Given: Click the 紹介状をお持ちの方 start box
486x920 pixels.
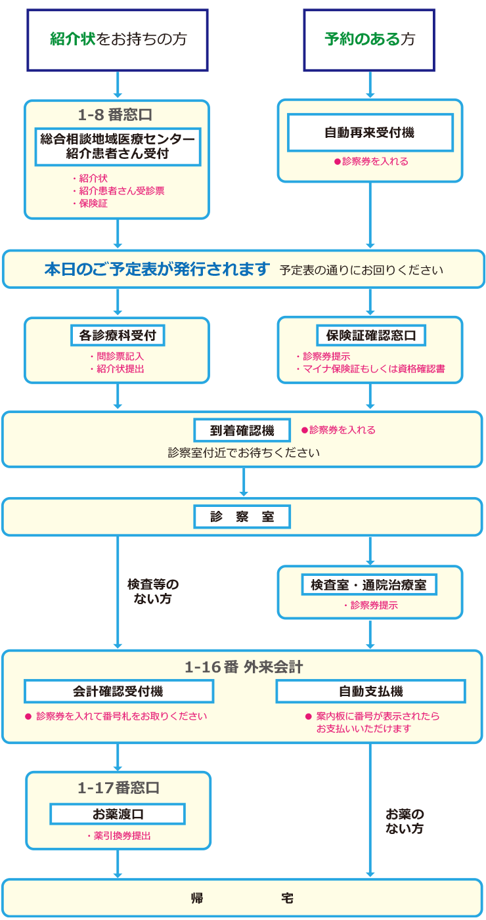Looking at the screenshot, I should click(118, 39).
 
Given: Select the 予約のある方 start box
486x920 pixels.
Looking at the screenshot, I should click(370, 39).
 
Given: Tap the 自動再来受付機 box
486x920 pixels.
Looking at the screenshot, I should click(370, 133).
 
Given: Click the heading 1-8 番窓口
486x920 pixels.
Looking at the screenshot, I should click(116, 115).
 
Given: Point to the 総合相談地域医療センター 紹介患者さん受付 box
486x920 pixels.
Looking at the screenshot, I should click(118, 146).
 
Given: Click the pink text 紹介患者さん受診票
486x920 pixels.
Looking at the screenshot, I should click(121, 190).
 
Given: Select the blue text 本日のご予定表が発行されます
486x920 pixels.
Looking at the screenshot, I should click(158, 269).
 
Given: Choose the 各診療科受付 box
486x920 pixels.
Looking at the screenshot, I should click(118, 336).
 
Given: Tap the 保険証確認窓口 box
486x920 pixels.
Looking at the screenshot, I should click(371, 336).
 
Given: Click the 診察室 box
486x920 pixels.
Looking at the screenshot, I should click(242, 517).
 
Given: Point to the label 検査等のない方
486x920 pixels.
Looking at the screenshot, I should click(153, 591).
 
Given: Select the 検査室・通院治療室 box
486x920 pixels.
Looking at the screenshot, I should click(369, 584).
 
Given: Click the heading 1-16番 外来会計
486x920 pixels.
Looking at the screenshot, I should click(244, 668).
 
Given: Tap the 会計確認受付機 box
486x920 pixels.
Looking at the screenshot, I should click(119, 691).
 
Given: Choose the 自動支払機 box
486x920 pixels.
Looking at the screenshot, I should click(370, 691).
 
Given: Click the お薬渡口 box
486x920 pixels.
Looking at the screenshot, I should click(118, 814).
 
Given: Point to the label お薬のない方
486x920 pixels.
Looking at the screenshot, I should click(405, 821).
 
